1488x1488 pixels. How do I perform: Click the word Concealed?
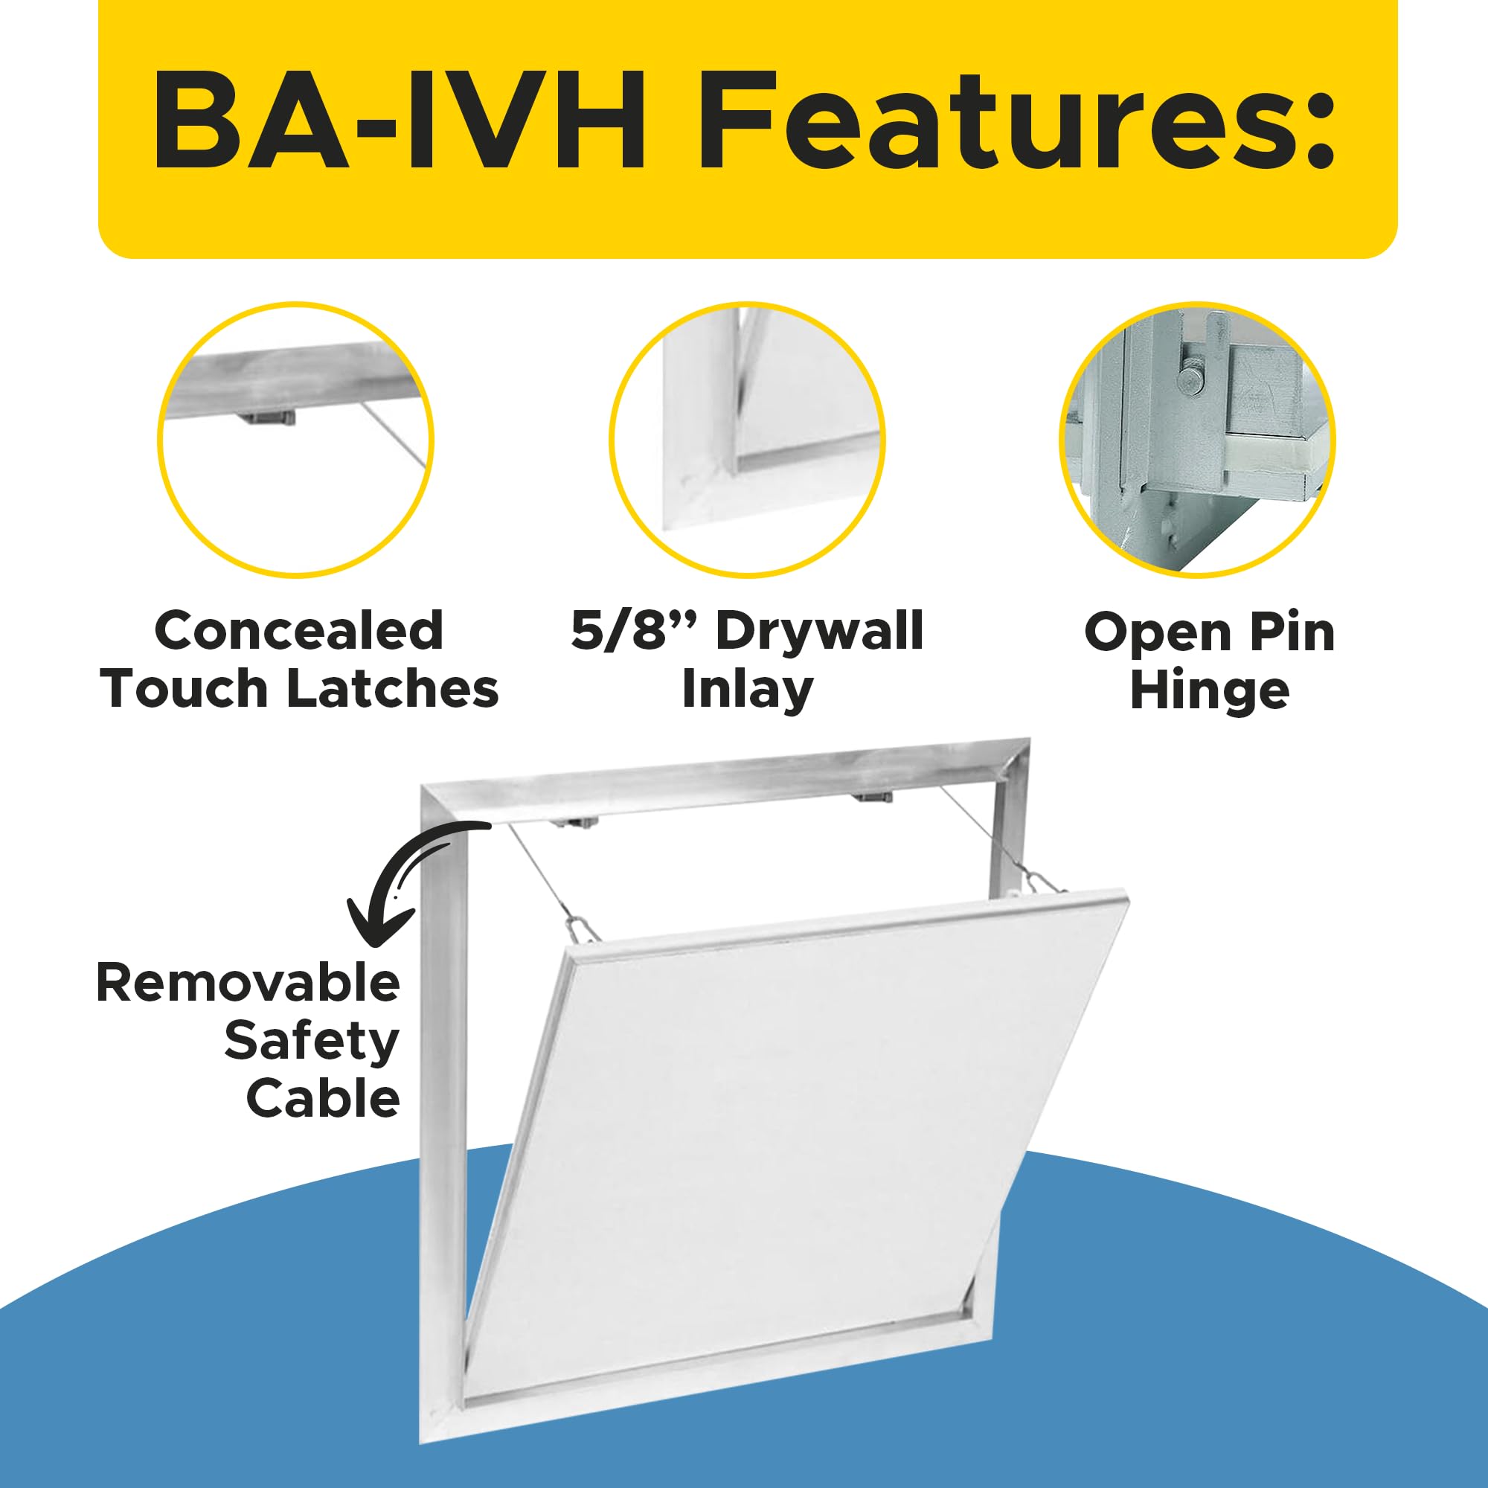click(x=299, y=631)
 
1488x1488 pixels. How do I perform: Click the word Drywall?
click(x=820, y=631)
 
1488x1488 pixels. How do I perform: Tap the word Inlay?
click(x=747, y=690)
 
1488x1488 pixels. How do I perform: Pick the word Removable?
click(x=248, y=984)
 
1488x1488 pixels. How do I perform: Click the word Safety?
click(x=311, y=1041)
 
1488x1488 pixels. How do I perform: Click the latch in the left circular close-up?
click(x=267, y=418)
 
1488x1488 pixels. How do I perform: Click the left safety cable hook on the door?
click(x=583, y=929)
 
